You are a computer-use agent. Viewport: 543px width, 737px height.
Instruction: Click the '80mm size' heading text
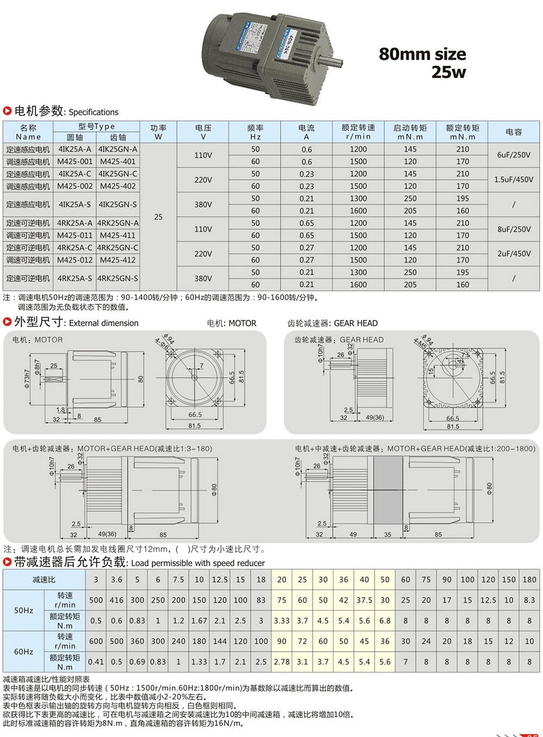[422, 54]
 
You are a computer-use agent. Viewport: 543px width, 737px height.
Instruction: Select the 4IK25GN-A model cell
[118, 149]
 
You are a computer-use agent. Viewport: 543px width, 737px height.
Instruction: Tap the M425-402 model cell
[118, 186]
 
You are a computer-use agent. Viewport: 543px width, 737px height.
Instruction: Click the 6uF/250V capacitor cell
[514, 155]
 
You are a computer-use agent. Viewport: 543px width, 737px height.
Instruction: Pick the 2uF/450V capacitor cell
[514, 253]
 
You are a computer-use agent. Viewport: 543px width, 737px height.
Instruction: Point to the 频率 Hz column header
[255, 132]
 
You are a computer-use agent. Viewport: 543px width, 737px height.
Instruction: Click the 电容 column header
[514, 132]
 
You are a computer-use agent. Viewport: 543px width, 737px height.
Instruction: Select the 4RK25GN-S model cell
[118, 278]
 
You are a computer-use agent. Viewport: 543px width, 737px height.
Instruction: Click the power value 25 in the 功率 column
[158, 217]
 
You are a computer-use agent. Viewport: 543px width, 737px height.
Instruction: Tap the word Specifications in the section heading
[93, 113]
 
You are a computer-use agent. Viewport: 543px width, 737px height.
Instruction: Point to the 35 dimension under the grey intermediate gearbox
[388, 534]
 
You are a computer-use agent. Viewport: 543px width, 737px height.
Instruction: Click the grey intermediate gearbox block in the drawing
[388, 490]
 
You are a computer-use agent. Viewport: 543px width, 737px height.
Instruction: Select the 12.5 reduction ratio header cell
[220, 579]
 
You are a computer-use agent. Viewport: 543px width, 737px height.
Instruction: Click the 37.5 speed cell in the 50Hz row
[364, 600]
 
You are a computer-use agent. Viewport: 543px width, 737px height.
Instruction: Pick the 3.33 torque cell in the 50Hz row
[282, 621]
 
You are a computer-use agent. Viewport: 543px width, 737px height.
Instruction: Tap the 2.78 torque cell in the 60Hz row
[282, 662]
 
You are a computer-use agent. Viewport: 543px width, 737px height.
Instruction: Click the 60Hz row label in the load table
[23, 652]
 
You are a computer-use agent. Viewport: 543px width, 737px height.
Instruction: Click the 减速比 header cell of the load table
[44, 579]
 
